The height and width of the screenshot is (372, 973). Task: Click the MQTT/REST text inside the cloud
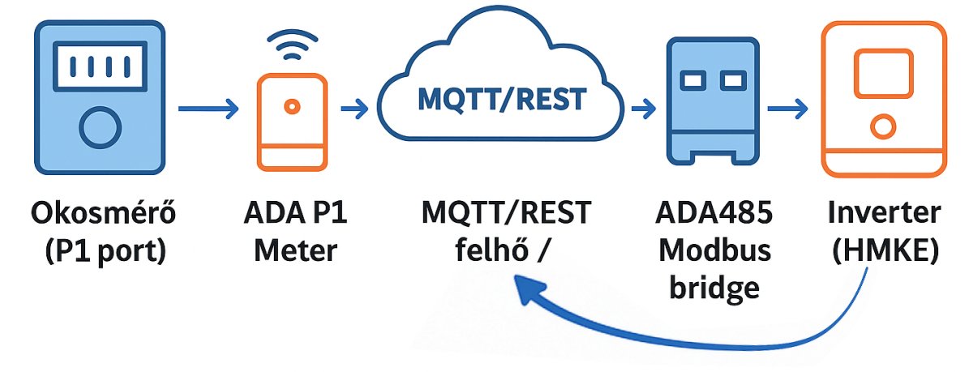500,99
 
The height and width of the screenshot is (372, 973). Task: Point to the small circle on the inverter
882,126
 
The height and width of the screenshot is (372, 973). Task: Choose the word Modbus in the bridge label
714,250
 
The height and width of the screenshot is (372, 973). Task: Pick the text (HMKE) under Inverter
884,250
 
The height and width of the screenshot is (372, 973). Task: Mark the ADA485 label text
714,215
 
